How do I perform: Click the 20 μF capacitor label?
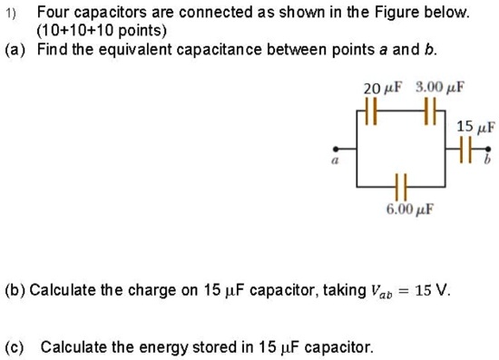pyautogui.click(x=379, y=89)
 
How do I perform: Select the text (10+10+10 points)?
pyautogui.click(x=95, y=31)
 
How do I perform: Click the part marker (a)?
pyautogui.click(x=16, y=48)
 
